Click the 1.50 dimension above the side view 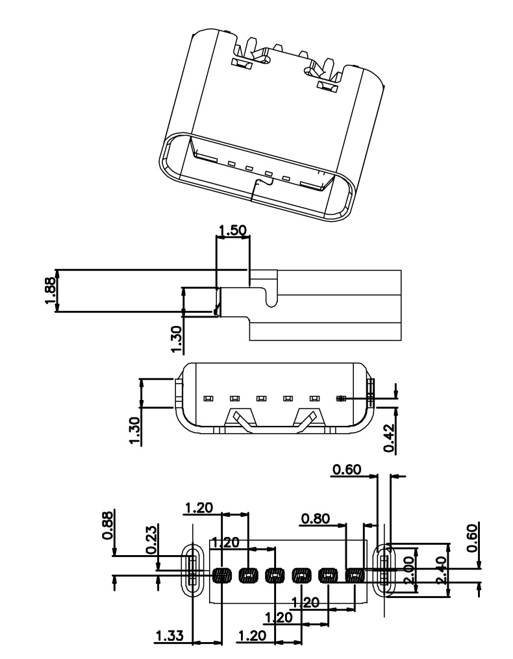point(232,230)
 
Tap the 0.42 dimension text point(389,438)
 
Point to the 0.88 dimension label point(108,525)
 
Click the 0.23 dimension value point(151,540)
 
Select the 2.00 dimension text point(408,569)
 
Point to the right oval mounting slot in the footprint point(386,569)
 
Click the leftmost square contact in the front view point(208,397)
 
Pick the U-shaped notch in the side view point(272,295)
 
